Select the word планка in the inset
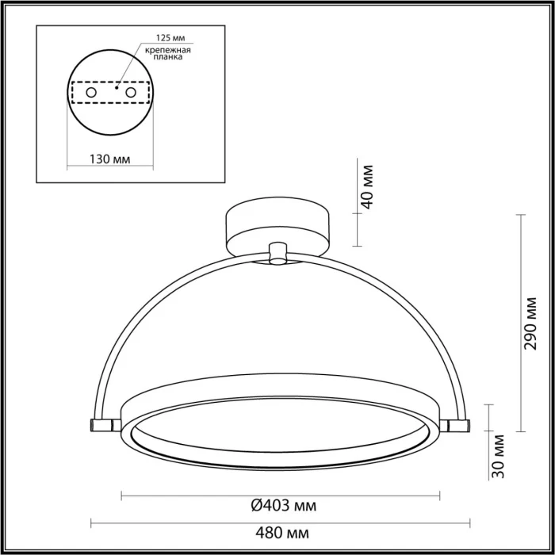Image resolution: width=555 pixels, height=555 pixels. [x=161, y=59]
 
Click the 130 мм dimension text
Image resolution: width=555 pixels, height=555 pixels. [x=109, y=159]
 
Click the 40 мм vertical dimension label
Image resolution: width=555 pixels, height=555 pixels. [x=366, y=186]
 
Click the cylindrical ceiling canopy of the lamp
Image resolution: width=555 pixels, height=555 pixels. [x=278, y=226]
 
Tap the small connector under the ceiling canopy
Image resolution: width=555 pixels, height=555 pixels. [x=278, y=253]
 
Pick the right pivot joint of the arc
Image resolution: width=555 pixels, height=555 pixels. [x=458, y=426]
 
